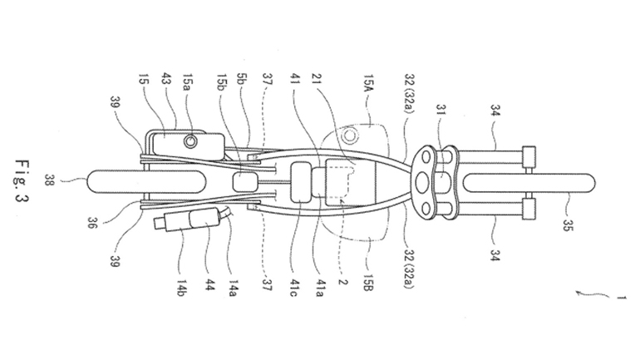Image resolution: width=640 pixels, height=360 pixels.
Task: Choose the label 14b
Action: (180, 287)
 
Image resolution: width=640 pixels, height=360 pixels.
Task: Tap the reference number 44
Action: (203, 287)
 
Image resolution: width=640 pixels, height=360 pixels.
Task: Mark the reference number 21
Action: (314, 85)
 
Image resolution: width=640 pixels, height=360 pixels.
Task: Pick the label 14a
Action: (225, 287)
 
